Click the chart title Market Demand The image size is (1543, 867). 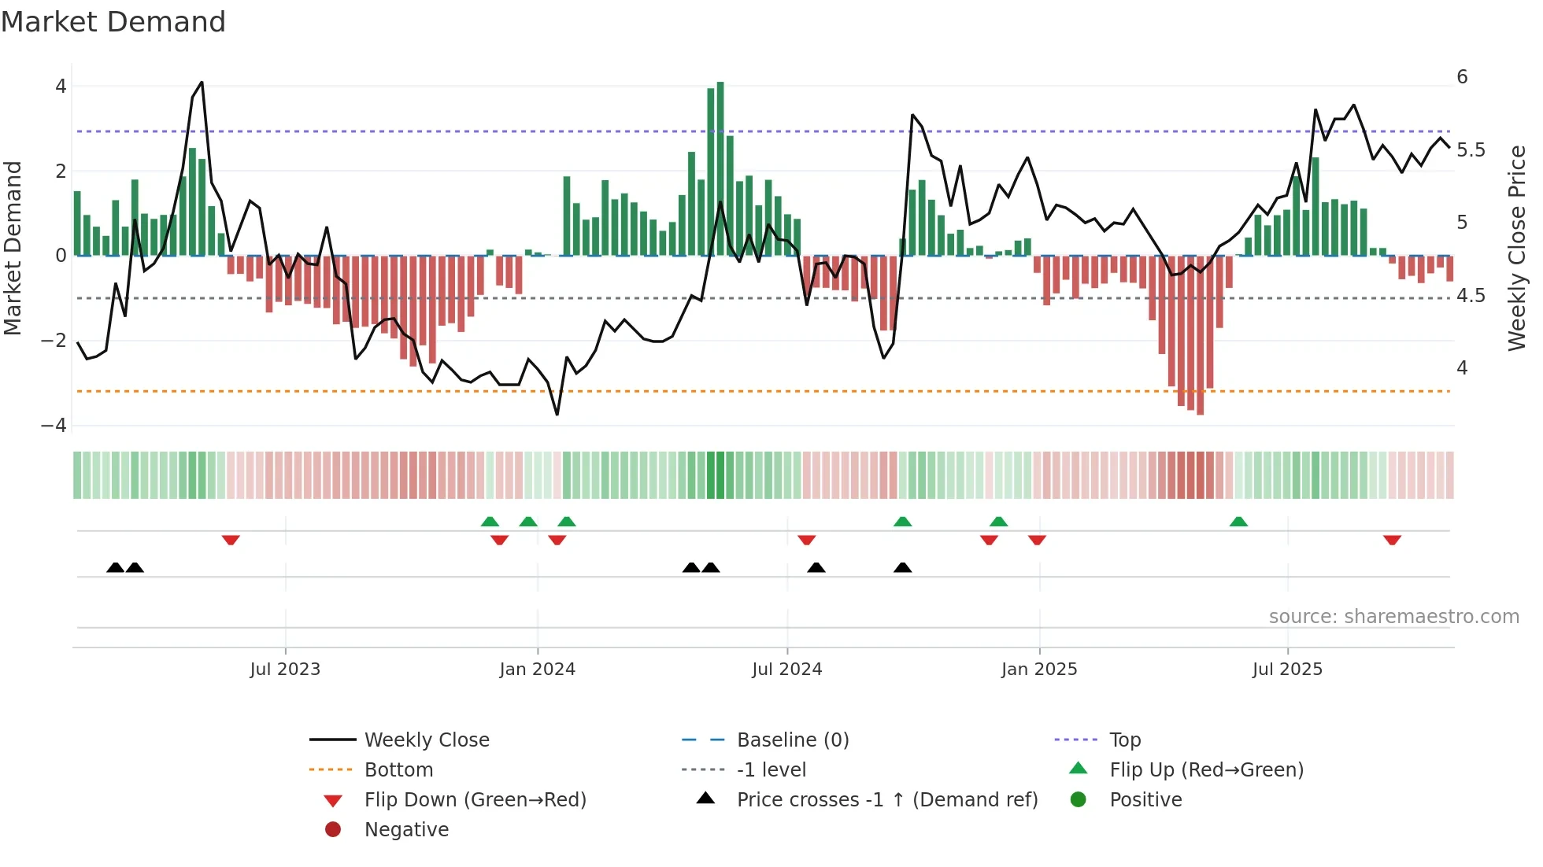[x=113, y=22]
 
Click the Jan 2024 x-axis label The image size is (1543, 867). [x=537, y=670]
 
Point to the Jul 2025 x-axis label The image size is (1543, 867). [x=1287, y=670]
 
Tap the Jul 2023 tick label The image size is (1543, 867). [x=285, y=670]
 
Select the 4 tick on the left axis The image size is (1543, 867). [x=61, y=87]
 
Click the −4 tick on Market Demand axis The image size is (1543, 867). [x=54, y=426]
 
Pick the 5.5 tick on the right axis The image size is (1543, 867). [x=1471, y=150]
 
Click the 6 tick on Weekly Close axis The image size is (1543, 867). [x=1462, y=77]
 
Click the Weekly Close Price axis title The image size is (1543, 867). [x=1516, y=248]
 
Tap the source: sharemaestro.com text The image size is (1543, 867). [x=1393, y=617]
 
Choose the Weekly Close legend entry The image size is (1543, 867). [x=426, y=740]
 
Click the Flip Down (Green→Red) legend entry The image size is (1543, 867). [x=475, y=800]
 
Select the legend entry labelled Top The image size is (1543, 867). [x=1124, y=740]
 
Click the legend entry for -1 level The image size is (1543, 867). [x=771, y=770]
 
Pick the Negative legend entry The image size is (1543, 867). [x=406, y=830]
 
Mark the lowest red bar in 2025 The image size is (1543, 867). [x=1200, y=335]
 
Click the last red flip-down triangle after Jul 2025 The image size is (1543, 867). [x=1392, y=540]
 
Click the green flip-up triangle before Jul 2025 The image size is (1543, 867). [x=1238, y=522]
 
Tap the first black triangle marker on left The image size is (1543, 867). [x=115, y=567]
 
